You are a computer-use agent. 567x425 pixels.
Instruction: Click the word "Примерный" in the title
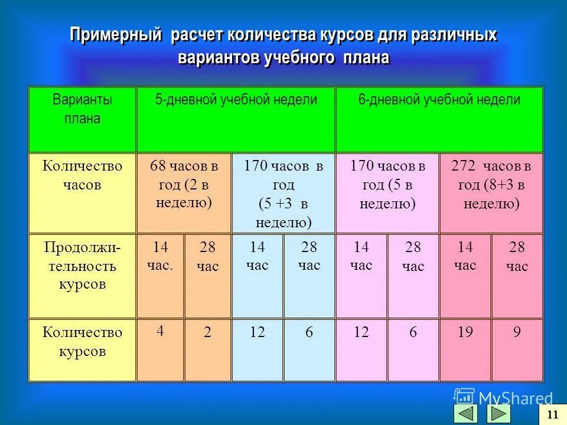(116, 35)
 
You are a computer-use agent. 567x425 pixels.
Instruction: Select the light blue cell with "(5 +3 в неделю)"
(283, 194)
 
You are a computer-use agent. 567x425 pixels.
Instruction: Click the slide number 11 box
(553, 414)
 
